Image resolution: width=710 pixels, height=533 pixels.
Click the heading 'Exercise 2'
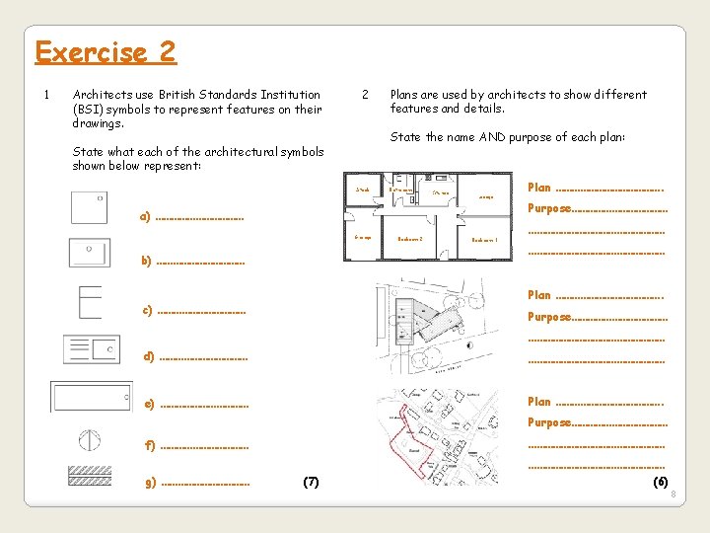106,51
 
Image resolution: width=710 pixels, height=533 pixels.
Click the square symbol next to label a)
89,207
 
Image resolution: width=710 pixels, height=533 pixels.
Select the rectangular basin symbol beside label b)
89,253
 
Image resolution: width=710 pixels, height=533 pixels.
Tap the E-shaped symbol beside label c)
90,302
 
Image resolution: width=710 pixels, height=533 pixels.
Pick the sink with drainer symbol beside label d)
92,349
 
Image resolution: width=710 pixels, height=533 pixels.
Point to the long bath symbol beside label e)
91,397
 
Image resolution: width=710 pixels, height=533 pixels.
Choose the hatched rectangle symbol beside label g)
90,476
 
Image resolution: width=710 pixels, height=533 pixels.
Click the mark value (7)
311,481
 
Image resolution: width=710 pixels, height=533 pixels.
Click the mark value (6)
660,481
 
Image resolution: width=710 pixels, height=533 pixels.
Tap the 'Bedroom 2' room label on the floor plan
410,239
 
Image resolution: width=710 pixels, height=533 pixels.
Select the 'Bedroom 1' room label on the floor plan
484,240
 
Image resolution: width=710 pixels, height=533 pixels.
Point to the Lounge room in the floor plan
485,197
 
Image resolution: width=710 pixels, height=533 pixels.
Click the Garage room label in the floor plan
362,237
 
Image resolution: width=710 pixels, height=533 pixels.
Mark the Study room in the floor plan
363,190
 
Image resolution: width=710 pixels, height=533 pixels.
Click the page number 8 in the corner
673,507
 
